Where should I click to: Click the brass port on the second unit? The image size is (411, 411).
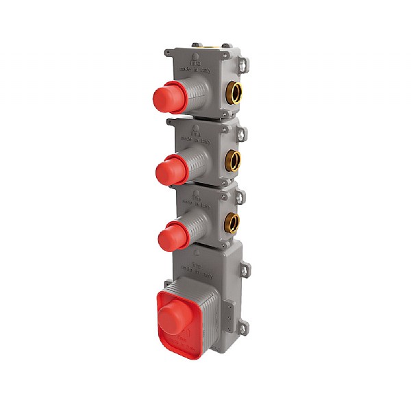(x=234, y=160)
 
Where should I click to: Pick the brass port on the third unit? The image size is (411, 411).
(x=233, y=222)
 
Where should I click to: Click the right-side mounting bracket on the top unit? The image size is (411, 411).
(x=245, y=64)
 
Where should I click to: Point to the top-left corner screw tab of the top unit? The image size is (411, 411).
(x=169, y=51)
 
